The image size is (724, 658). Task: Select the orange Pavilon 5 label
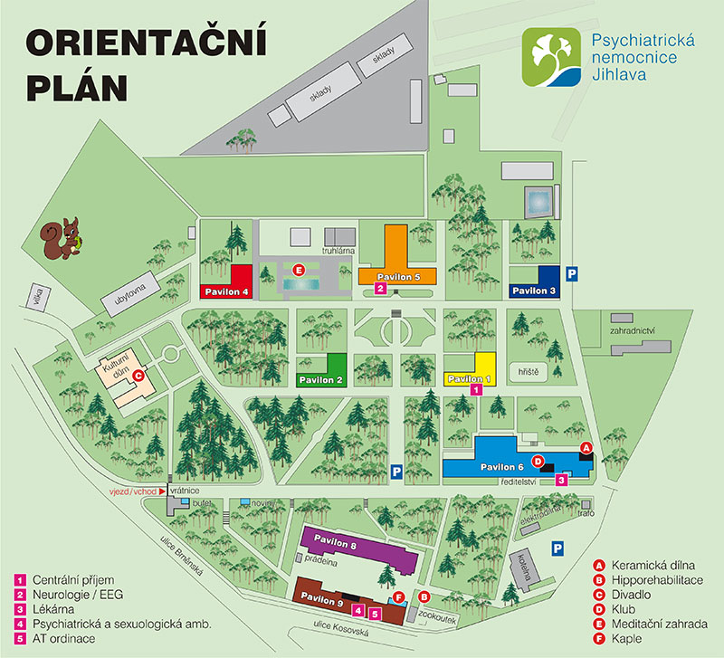tap(398, 276)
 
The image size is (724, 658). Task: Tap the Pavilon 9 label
tap(322, 598)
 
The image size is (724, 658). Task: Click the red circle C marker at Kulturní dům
tap(138, 374)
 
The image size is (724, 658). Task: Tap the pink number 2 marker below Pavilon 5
tap(381, 289)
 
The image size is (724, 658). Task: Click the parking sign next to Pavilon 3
tap(571, 272)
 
